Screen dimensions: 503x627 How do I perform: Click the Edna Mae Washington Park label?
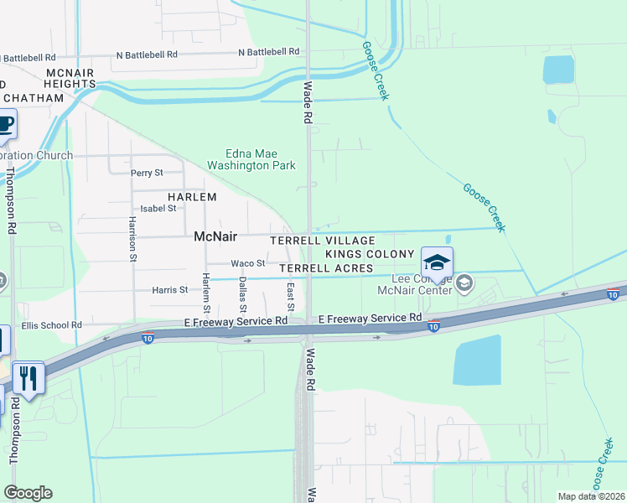click(260, 159)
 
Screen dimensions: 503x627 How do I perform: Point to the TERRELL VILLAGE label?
click(322, 241)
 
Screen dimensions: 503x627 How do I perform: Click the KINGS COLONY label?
click(370, 254)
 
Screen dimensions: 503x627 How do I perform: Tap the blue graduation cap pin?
click(437, 262)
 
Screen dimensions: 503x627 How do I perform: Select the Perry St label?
click(147, 173)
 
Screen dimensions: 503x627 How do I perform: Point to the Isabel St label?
click(158, 208)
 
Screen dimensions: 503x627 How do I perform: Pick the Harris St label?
click(170, 290)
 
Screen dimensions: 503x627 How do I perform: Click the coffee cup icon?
click(4, 125)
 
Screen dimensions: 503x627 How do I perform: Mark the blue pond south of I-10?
click(476, 360)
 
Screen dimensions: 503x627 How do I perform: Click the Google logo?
click(28, 493)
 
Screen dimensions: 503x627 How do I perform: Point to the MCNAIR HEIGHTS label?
click(70, 78)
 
